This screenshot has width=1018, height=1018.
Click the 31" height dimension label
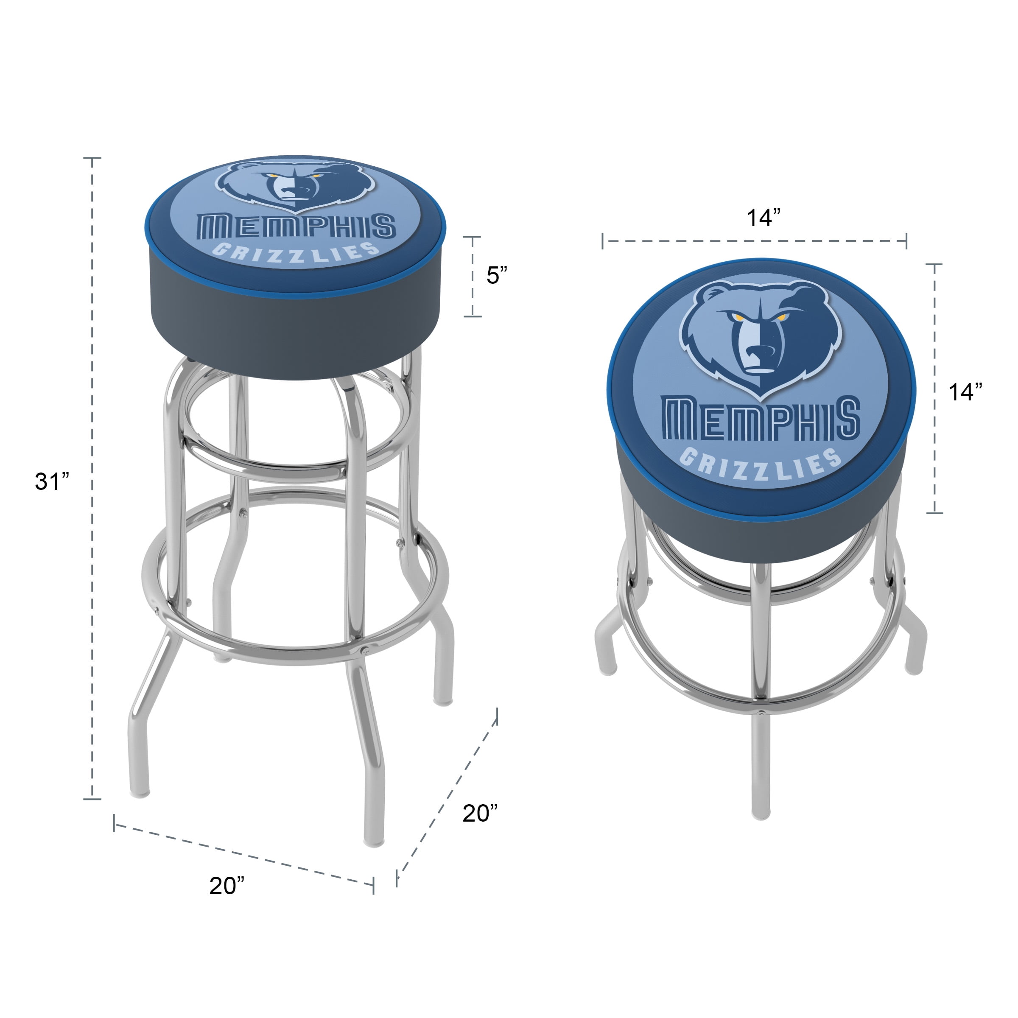(52, 481)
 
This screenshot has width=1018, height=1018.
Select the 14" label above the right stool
(763, 217)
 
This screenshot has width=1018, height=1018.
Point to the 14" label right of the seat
(965, 392)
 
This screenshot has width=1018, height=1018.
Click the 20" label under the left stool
(227, 886)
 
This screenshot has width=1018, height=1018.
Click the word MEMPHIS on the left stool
(296, 227)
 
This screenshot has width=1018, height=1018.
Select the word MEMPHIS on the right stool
(761, 419)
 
